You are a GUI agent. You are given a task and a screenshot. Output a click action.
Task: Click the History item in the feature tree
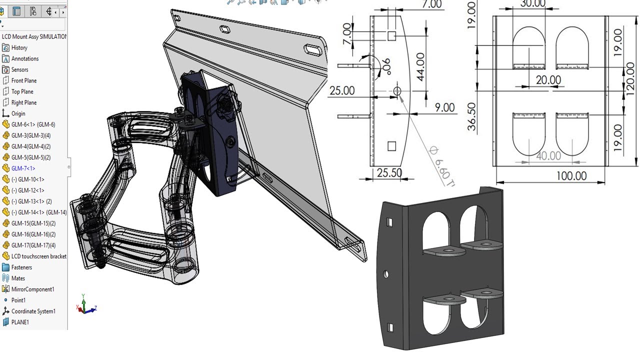pyautogui.click(x=19, y=47)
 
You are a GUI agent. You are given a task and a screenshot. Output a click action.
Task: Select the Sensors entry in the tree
pyautogui.click(x=19, y=69)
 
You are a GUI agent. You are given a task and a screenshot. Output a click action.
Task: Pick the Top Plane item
pyautogui.click(x=22, y=91)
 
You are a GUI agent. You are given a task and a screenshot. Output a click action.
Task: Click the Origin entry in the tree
pyautogui.click(x=18, y=113)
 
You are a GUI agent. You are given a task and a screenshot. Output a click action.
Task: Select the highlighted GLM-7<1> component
pyautogui.click(x=23, y=168)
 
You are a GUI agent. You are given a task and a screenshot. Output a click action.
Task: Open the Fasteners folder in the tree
pyautogui.click(x=21, y=267)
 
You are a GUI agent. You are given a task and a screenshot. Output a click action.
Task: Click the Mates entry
pyautogui.click(x=18, y=278)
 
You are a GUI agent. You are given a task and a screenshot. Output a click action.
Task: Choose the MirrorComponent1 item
pyautogui.click(x=32, y=289)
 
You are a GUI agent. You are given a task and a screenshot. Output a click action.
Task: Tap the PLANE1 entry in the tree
pyautogui.click(x=20, y=322)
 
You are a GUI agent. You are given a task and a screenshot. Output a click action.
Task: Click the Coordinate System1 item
pyautogui.click(x=33, y=311)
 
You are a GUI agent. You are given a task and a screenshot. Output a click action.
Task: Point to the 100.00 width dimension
pyautogui.click(x=570, y=176)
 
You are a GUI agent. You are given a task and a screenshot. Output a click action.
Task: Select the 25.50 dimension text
pyautogui.click(x=389, y=173)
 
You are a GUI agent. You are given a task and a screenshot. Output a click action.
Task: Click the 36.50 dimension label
pyautogui.click(x=471, y=117)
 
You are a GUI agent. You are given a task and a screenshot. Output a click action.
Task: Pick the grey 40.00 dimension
pyautogui.click(x=548, y=156)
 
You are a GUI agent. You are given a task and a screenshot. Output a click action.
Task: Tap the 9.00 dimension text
pyautogui.click(x=444, y=107)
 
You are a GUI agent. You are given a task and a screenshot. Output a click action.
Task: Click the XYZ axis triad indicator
pyautogui.click(x=85, y=305)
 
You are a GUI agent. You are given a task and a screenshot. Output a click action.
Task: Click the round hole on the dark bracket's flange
pyautogui.click(x=386, y=274)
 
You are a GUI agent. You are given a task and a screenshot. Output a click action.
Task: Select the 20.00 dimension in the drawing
pyautogui.click(x=548, y=80)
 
